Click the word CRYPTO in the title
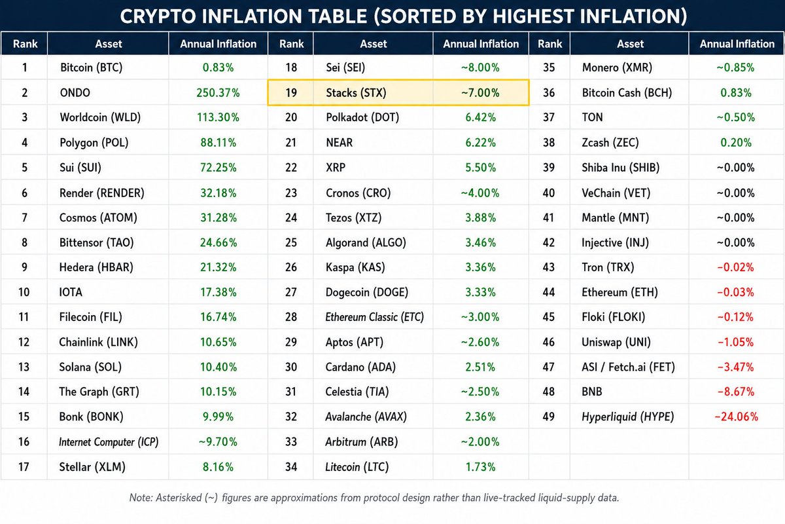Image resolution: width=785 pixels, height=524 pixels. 158,16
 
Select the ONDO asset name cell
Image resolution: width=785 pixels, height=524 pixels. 75,92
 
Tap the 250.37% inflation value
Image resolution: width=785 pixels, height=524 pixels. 218,92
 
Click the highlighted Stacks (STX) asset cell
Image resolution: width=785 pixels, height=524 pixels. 356,92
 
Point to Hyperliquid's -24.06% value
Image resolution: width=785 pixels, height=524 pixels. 737,417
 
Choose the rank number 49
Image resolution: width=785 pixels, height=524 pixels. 549,417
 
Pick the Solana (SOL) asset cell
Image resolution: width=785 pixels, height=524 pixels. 90,367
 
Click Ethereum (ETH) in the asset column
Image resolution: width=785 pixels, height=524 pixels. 619,292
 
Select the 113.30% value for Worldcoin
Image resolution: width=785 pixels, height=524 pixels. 218,117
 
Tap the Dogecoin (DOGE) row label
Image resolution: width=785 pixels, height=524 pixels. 367,292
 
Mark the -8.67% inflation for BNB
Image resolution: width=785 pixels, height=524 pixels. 736,392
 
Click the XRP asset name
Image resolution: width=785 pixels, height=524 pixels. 336,168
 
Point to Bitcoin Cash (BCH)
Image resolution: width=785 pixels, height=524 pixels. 627,92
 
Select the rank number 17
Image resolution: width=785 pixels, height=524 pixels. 24,467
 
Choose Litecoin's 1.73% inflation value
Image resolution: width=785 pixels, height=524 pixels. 480,467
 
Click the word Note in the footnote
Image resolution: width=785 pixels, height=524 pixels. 141,498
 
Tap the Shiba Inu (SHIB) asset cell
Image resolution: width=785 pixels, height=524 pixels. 621,168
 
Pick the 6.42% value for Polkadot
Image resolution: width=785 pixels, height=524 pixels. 480,117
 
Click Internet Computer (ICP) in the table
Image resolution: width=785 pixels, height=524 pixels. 109,442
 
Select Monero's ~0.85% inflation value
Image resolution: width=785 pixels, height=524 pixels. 735,67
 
